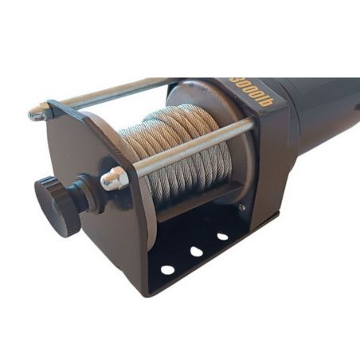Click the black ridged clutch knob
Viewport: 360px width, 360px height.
pyautogui.click(x=57, y=205)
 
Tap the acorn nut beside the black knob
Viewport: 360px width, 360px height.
pyautogui.click(x=113, y=179)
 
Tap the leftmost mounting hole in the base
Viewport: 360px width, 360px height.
pyautogui.click(x=167, y=269)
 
